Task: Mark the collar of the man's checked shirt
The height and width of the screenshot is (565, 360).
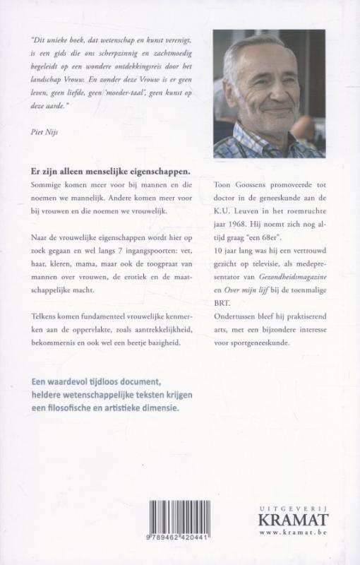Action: (244, 134)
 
